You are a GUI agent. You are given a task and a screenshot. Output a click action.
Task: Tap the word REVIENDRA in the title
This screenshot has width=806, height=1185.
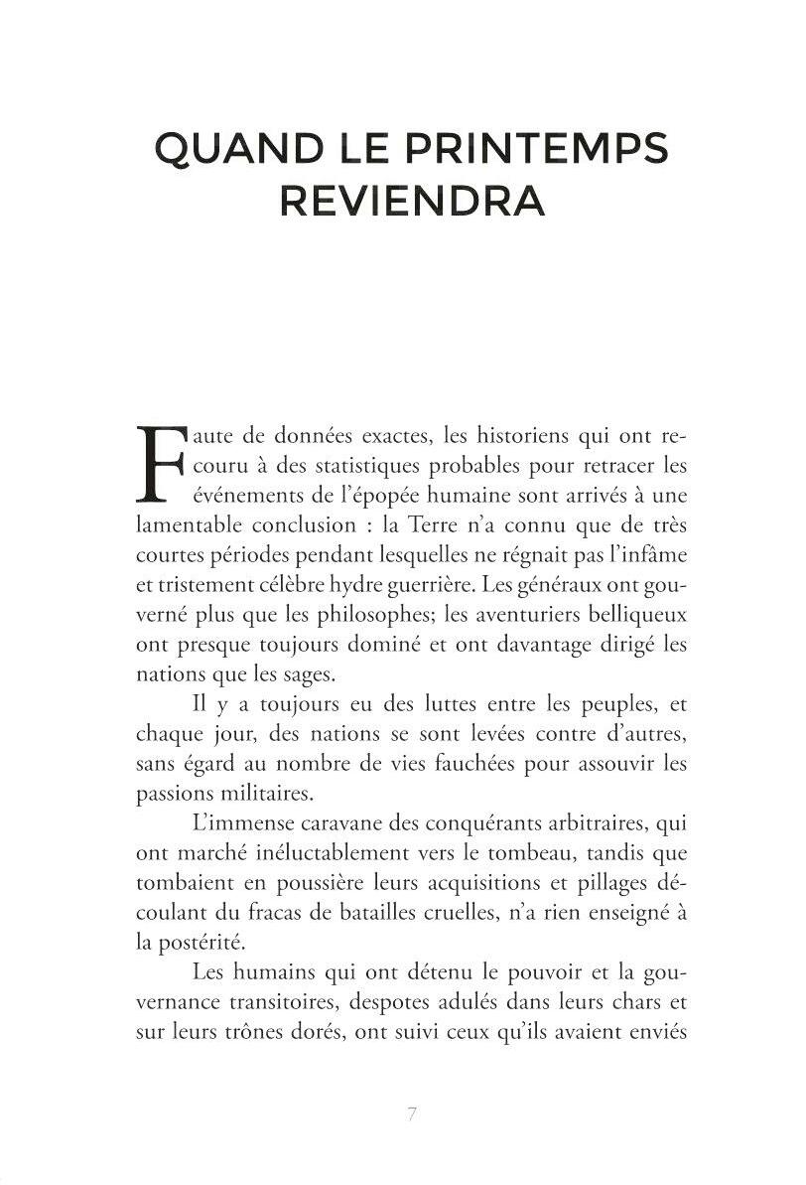(411, 202)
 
